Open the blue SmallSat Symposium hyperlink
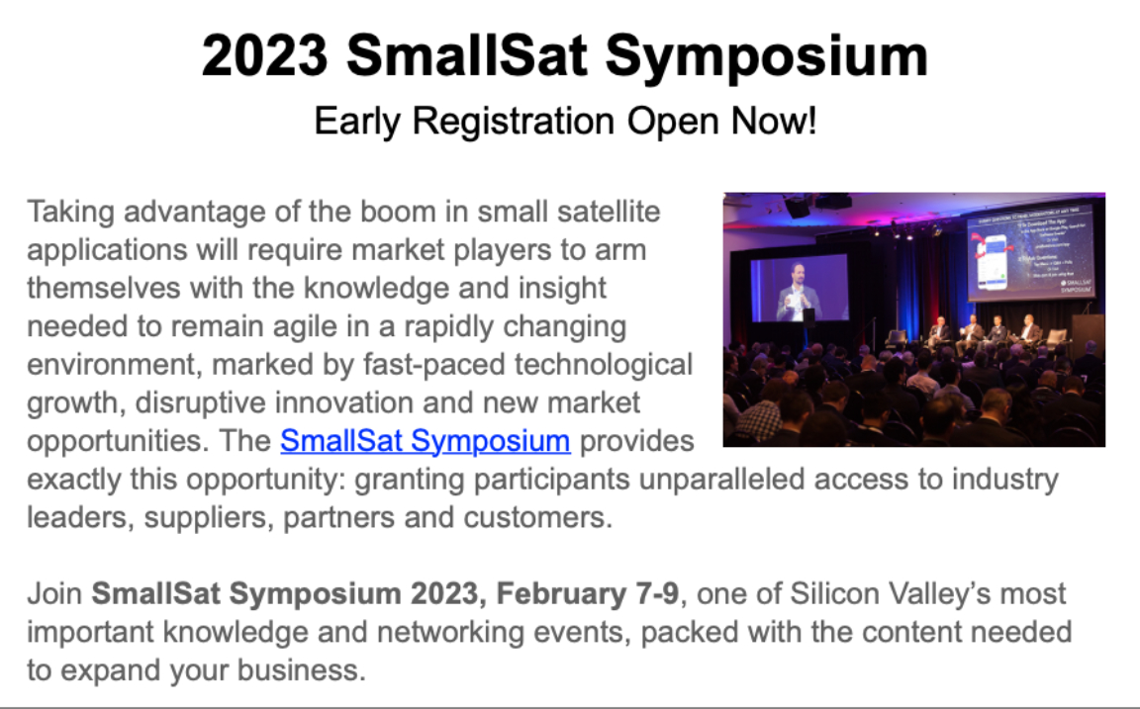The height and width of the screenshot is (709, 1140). pos(426,441)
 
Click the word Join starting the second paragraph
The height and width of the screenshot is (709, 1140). pos(54,595)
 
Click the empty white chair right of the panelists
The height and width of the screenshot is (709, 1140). pos(1057,337)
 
